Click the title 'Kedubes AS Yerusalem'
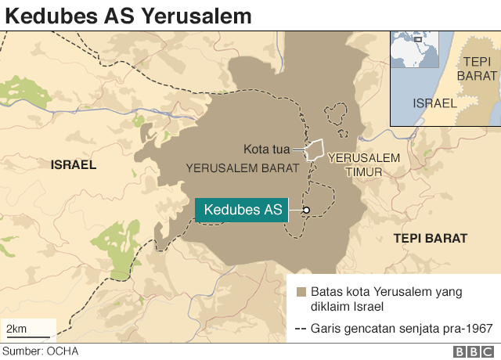(x=128, y=15)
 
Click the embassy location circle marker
(x=306, y=210)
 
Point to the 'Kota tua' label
(x=265, y=149)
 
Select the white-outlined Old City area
(x=315, y=149)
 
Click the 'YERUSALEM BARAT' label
(x=243, y=167)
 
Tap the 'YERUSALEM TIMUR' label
(x=364, y=164)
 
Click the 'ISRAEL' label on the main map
(x=73, y=165)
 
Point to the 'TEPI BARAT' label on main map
(x=430, y=238)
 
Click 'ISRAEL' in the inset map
(x=434, y=103)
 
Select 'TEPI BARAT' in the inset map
(x=480, y=69)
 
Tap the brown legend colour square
(x=301, y=292)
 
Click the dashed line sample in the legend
(x=301, y=329)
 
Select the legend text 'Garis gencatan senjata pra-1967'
(x=402, y=329)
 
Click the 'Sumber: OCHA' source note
(x=41, y=351)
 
